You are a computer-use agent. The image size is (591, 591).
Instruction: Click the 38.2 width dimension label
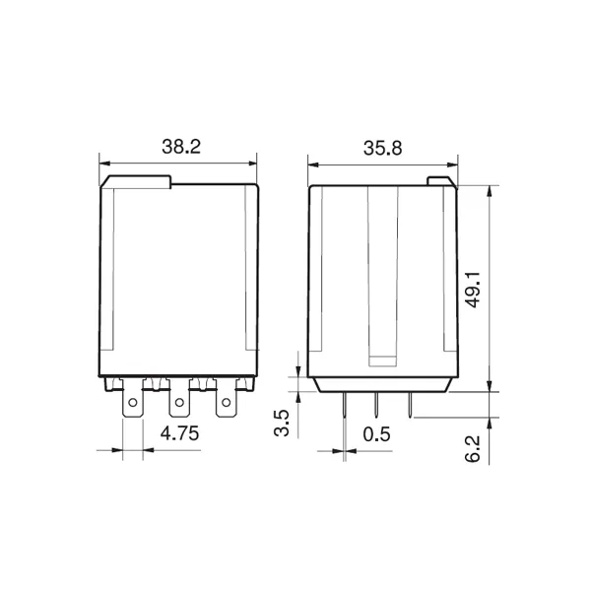(x=181, y=147)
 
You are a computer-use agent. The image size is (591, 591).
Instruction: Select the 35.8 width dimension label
(x=382, y=148)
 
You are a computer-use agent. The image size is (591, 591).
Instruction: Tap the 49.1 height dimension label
(x=474, y=289)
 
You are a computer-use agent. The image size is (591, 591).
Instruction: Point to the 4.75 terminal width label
(x=179, y=433)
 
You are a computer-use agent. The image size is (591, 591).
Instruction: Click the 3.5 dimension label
(x=281, y=423)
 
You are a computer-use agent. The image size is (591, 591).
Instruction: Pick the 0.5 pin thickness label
(x=376, y=434)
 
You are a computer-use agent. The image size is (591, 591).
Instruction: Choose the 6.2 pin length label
(x=473, y=448)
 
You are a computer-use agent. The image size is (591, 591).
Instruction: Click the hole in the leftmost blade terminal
(x=133, y=403)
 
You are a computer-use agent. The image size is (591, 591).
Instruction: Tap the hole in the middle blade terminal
(x=179, y=403)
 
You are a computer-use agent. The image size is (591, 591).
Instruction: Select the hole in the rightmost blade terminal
(x=226, y=403)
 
